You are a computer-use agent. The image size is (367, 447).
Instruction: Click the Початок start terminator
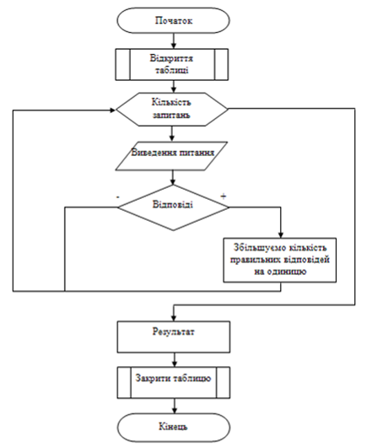click(173, 20)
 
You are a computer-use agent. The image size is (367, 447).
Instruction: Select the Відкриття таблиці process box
click(171, 64)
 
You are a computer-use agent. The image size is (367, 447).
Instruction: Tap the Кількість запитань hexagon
click(172, 109)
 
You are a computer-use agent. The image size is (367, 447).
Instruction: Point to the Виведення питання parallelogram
click(171, 156)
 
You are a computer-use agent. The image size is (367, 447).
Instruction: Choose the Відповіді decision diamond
click(173, 207)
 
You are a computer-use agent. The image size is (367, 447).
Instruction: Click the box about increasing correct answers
click(280, 260)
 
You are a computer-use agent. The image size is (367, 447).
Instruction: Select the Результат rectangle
click(174, 337)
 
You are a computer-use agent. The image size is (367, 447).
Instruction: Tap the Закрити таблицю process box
click(174, 383)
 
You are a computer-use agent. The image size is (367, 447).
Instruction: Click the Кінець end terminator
click(174, 428)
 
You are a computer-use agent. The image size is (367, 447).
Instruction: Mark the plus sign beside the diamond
click(224, 197)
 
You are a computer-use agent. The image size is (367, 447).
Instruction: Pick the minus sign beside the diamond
click(118, 197)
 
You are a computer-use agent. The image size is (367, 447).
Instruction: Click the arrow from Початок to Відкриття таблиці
click(174, 41)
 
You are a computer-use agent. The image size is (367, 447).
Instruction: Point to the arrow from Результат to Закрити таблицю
click(175, 360)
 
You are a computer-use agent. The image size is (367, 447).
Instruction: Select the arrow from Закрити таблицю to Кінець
click(175, 406)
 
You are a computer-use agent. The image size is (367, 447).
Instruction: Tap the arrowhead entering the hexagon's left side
click(113, 110)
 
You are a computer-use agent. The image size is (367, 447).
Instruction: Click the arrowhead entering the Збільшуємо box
click(281, 235)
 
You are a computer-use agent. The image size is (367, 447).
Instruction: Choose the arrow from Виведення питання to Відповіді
click(172, 178)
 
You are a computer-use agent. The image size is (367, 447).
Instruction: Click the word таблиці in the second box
click(171, 70)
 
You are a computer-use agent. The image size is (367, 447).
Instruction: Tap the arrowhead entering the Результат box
click(174, 319)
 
